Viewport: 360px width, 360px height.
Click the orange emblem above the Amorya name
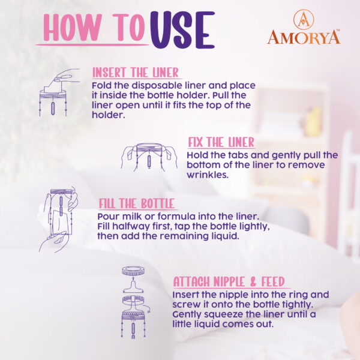click(x=304, y=19)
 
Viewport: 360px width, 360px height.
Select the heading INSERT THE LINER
click(x=136, y=73)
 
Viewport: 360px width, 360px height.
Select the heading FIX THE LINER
click(x=221, y=142)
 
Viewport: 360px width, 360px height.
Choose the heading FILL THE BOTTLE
click(x=136, y=203)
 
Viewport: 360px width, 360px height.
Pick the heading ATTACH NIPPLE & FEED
click(x=229, y=281)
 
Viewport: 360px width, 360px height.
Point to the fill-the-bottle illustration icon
click(x=58, y=220)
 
